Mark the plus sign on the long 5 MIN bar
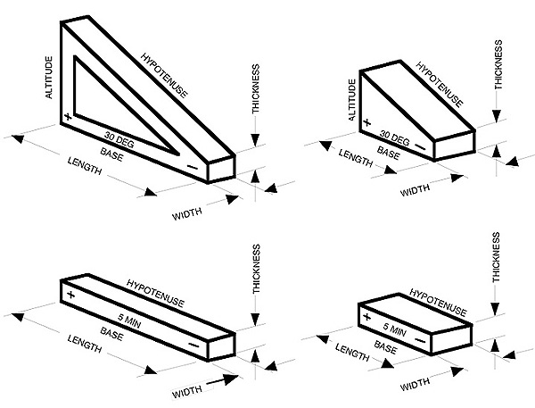pyautogui.click(x=69, y=292)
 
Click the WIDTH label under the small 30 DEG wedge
pyautogui.click(x=415, y=191)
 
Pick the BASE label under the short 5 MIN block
pyautogui.click(x=385, y=346)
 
